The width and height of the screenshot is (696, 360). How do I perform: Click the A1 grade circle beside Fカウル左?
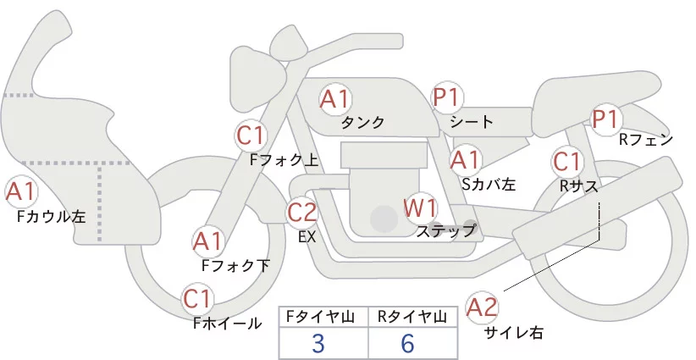[x=20, y=192]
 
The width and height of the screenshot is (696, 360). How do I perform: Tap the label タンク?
[x=362, y=122]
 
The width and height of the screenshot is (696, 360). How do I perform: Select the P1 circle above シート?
[x=446, y=98]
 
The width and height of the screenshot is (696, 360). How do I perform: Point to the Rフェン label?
[x=645, y=140]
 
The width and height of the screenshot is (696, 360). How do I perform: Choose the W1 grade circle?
[x=420, y=208]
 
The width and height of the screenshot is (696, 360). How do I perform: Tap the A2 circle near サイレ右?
[x=483, y=307]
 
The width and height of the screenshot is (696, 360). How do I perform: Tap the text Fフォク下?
[x=234, y=265]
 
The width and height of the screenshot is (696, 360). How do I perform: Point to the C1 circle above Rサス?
[x=566, y=162]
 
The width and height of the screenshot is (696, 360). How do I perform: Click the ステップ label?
[x=445, y=230]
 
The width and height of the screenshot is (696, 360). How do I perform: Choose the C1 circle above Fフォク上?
[x=251, y=135]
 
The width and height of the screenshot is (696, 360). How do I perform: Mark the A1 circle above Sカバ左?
[x=465, y=158]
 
